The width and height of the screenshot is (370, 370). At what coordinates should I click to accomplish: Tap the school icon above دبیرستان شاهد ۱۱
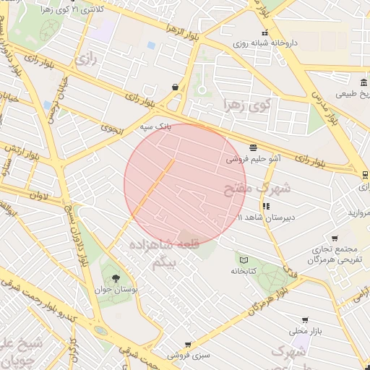coord(267,206)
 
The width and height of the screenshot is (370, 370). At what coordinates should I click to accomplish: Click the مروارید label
coord(359,214)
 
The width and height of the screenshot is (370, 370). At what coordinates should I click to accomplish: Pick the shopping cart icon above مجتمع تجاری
coord(335,238)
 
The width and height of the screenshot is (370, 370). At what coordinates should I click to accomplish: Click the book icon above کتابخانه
coord(244,260)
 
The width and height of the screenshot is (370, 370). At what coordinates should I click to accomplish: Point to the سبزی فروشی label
coord(189,355)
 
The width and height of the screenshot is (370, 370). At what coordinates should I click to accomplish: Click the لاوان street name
coord(39,194)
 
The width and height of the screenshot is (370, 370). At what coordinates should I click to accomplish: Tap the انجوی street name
coord(113,129)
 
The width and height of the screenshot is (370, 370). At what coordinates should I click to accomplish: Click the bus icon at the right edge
coord(365,174)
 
